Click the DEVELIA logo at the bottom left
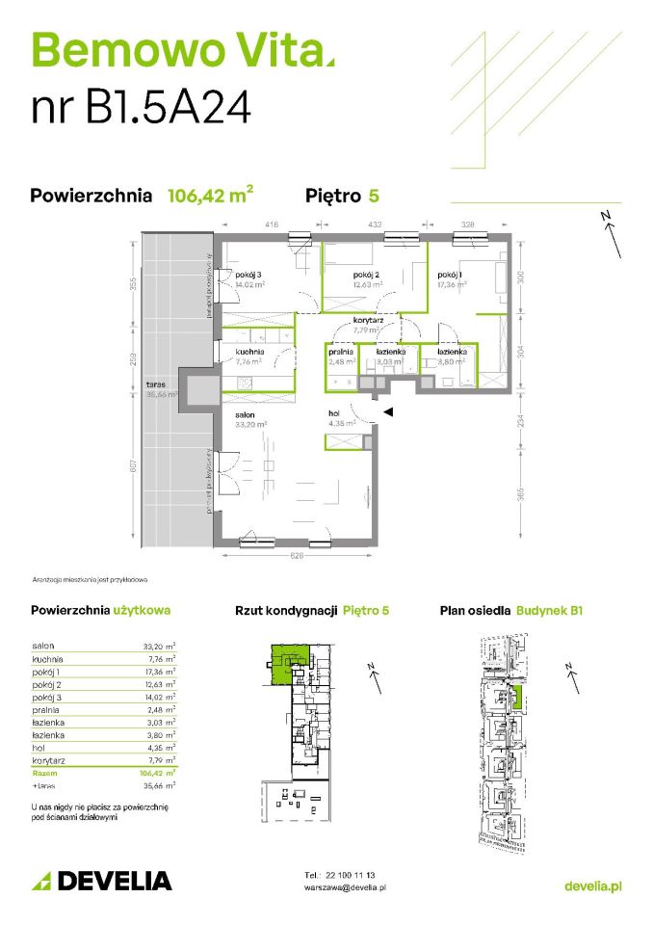coord(102,880)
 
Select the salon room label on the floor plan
coord(247,412)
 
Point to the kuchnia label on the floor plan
coord(249,352)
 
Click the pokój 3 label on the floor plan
coord(248,274)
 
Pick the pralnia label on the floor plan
coord(341,352)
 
